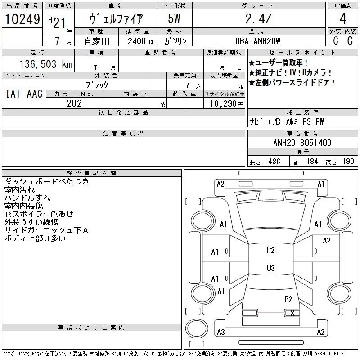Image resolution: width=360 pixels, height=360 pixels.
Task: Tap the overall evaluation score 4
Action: tap(343, 19)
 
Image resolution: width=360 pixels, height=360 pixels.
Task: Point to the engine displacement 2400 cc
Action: tap(137, 41)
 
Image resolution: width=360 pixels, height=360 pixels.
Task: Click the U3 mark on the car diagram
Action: tap(270, 268)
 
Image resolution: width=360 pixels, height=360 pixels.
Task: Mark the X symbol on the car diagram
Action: tap(292, 313)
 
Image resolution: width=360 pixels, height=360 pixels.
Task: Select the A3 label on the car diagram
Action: tap(220, 332)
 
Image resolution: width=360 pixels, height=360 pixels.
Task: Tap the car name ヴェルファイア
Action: tap(117, 19)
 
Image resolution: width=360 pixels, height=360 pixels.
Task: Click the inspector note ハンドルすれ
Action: tap(27, 198)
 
